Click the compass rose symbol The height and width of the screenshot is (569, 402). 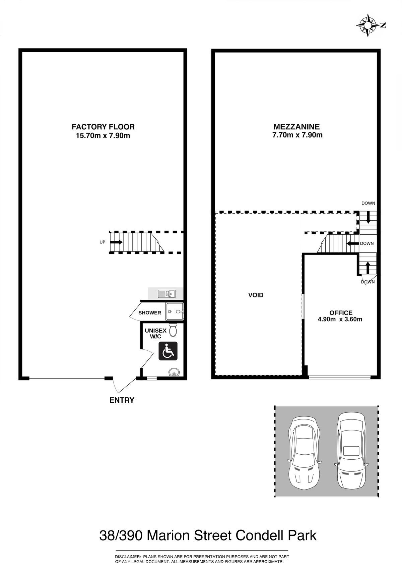(368, 25)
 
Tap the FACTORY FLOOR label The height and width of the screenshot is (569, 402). (103, 126)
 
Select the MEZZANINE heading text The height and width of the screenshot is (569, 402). (297, 126)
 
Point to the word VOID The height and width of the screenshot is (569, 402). (256, 295)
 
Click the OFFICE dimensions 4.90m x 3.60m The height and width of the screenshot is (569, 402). (340, 319)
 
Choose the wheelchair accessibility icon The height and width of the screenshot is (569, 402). (168, 351)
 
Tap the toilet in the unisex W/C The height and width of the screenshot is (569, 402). (173, 329)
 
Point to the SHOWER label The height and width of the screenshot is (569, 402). (150, 313)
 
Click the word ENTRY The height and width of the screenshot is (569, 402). (122, 400)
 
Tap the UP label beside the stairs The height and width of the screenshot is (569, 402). (102, 242)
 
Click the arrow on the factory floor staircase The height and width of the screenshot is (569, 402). (116, 242)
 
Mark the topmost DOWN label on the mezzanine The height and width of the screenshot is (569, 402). (368, 203)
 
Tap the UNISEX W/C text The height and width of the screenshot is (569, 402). (155, 334)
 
